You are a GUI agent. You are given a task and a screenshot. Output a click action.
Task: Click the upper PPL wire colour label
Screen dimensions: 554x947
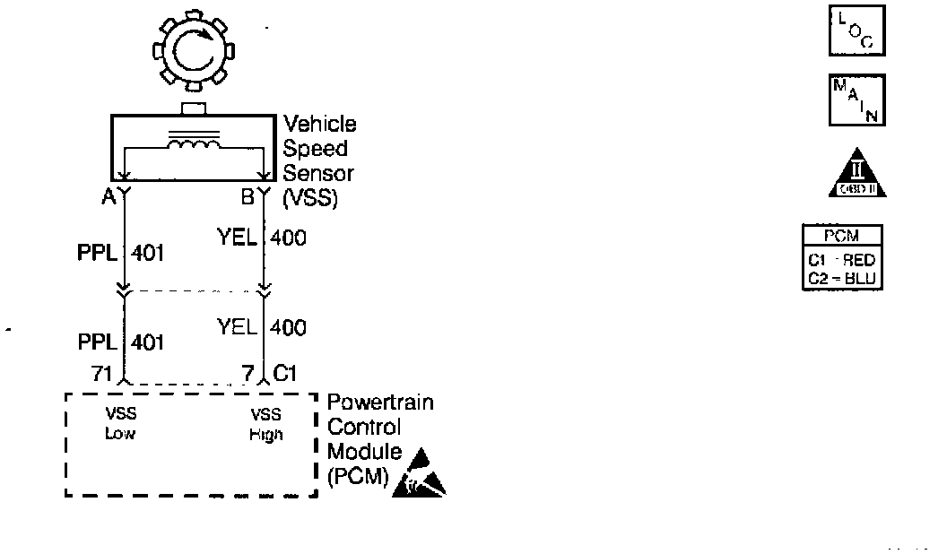coord(97,253)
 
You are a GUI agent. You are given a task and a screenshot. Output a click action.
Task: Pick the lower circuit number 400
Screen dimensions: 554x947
coord(288,328)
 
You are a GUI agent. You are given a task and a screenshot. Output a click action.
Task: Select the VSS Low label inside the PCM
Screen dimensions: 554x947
coord(120,423)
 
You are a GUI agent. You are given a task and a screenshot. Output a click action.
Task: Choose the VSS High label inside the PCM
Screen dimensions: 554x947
coord(266,424)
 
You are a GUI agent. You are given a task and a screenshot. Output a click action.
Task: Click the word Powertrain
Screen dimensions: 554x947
coord(380,403)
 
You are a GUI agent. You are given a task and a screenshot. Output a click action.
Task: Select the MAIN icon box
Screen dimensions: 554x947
coord(856,100)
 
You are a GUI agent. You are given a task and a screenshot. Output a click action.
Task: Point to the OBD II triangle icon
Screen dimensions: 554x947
coord(856,173)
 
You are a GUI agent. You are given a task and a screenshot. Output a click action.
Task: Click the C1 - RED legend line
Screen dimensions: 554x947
coord(842,261)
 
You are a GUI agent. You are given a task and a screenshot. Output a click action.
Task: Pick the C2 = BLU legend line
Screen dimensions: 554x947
coord(842,278)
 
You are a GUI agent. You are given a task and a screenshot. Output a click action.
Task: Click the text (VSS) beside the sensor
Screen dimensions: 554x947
coord(310,199)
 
